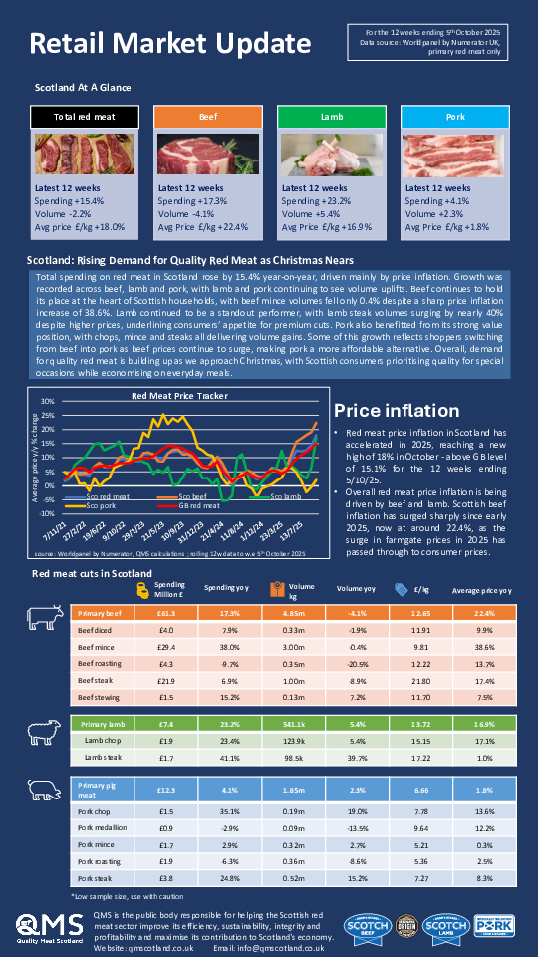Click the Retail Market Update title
(x=168, y=44)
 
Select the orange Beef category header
(x=207, y=117)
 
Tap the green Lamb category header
(x=331, y=117)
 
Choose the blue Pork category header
(x=454, y=117)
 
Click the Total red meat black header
(x=84, y=117)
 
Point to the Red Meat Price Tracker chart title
(x=173, y=396)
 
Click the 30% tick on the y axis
(x=47, y=402)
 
